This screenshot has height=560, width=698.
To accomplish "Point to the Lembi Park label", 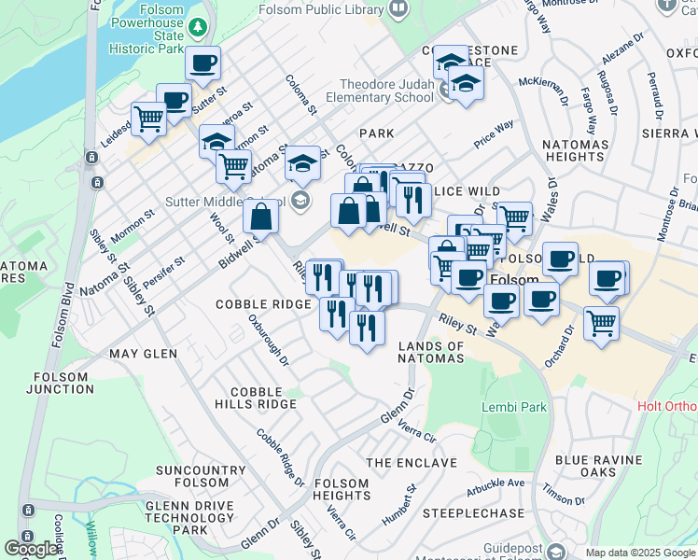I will [513, 408].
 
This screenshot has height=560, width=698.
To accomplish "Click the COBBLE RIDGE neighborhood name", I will [263, 305].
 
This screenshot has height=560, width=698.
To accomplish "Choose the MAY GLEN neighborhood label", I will [143, 354].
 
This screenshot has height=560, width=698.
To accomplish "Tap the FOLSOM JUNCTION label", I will [61, 383].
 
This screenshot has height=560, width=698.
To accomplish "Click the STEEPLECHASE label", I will [473, 513].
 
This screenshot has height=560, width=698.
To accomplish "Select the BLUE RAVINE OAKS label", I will [598, 467].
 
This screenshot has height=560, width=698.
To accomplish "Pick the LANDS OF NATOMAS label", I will [431, 352].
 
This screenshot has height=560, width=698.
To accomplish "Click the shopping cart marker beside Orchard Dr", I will [601, 323].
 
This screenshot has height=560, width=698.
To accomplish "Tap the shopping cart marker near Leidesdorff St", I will [148, 118].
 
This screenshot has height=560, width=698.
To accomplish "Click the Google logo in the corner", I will [31, 548].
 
